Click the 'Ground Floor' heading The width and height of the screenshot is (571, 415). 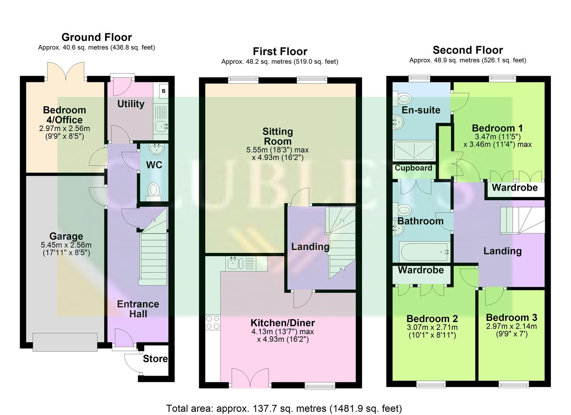point(97,37)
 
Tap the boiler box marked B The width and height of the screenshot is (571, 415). point(163,91)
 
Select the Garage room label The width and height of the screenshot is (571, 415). point(66,236)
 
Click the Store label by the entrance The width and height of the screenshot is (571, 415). point(155,359)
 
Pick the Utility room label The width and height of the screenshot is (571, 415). point(131,104)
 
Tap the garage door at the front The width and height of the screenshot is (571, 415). point(65,342)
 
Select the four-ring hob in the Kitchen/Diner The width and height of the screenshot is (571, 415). point(213,322)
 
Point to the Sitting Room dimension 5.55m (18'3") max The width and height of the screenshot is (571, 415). point(277,150)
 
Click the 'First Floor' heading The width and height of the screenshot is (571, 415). point(280,51)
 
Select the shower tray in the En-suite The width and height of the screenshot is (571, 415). point(414,150)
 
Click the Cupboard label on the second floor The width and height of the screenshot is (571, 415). point(413,168)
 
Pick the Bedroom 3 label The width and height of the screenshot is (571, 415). point(511,318)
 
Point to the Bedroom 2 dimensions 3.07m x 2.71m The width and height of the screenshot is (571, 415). point(432,327)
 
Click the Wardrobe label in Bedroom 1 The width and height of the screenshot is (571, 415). point(514,188)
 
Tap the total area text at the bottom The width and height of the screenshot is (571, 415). point(284,408)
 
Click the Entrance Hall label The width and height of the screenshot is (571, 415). point(138,309)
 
